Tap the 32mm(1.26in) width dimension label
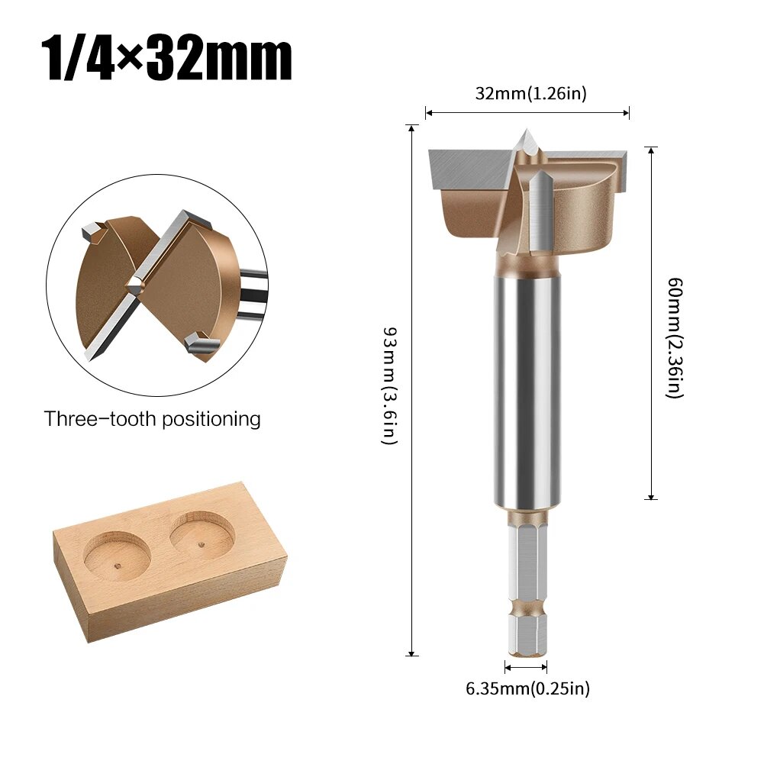530,94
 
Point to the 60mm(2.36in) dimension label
675,337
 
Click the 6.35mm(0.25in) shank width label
527,688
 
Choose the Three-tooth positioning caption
152,419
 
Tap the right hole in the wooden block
201,534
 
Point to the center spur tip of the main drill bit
525,136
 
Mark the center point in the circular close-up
134,284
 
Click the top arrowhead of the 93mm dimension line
412,127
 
